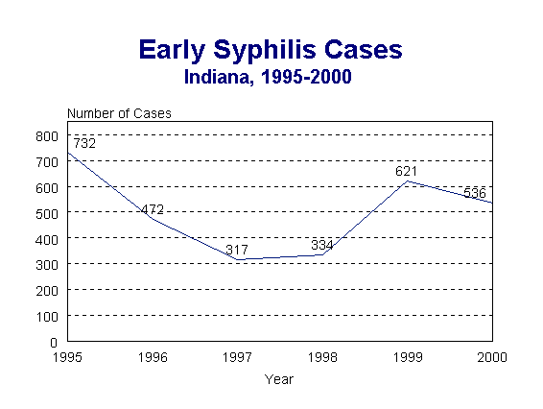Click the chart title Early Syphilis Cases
pyautogui.click(x=271, y=50)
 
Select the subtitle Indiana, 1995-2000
pyautogui.click(x=271, y=76)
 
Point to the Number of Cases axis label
pyautogui.click(x=119, y=113)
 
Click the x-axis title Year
pyautogui.click(x=279, y=379)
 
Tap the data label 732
pyautogui.click(x=84, y=144)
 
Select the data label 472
pyautogui.click(x=153, y=209)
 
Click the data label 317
pyautogui.click(x=237, y=251)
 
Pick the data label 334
pyautogui.click(x=322, y=246)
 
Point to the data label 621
pyautogui.click(x=407, y=172)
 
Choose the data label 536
pyautogui.click(x=474, y=194)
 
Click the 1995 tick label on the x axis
pyautogui.click(x=67, y=357)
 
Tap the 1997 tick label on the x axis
pyautogui.click(x=237, y=357)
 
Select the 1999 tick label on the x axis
pyautogui.click(x=407, y=357)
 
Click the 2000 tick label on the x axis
pyautogui.click(x=491, y=357)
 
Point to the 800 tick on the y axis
pyautogui.click(x=47, y=135)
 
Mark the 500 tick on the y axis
pyautogui.click(x=47, y=212)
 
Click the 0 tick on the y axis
pyautogui.click(x=54, y=341)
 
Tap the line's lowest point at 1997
pyautogui.click(x=237, y=259)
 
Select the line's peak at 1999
pyautogui.click(x=407, y=180)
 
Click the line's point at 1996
pyautogui.click(x=152, y=220)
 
